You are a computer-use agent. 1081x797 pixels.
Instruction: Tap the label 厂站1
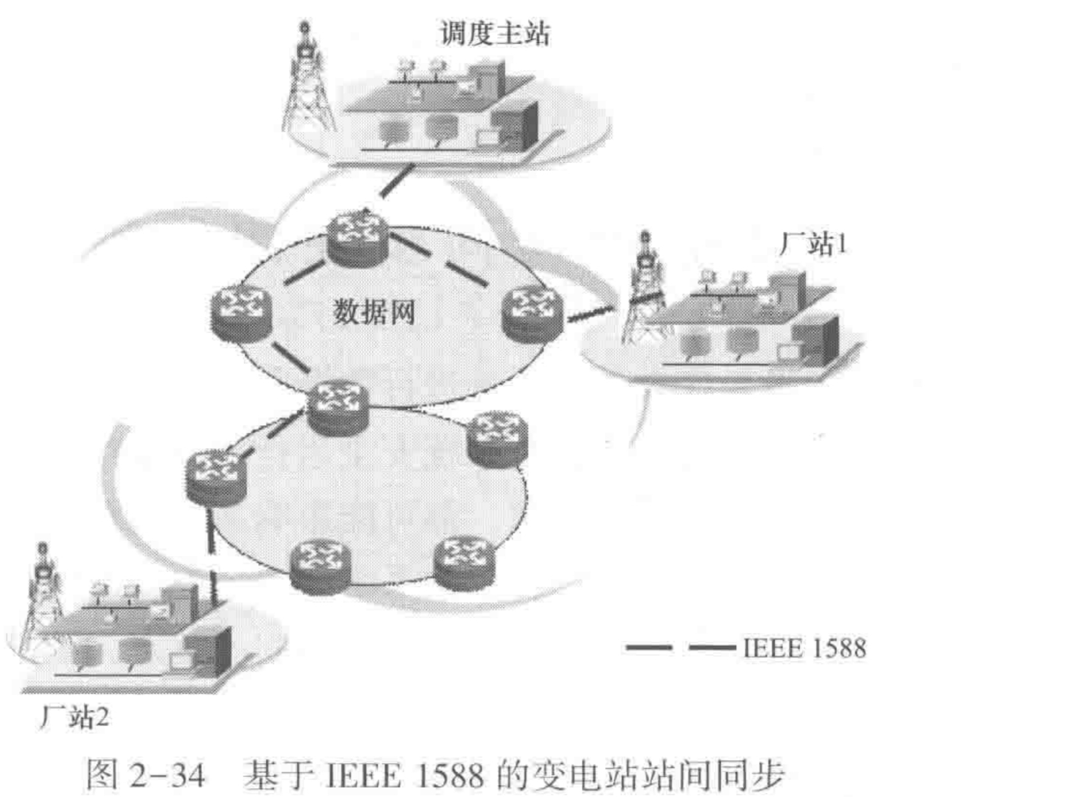coord(812,245)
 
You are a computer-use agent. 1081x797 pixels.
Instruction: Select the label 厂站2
coord(73,718)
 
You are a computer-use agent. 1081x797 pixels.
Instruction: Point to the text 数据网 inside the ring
coord(374,312)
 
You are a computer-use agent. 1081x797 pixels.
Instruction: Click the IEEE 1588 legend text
coord(804,649)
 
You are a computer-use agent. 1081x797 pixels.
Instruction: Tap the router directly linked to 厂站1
coord(531,314)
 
